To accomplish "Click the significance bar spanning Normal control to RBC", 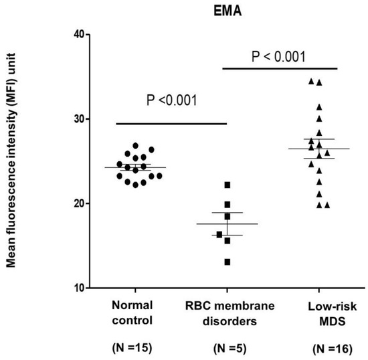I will point(172,123).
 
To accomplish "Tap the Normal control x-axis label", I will point(136,312).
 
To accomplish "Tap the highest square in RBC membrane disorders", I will point(227,185).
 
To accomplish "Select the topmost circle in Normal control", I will point(137,145).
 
